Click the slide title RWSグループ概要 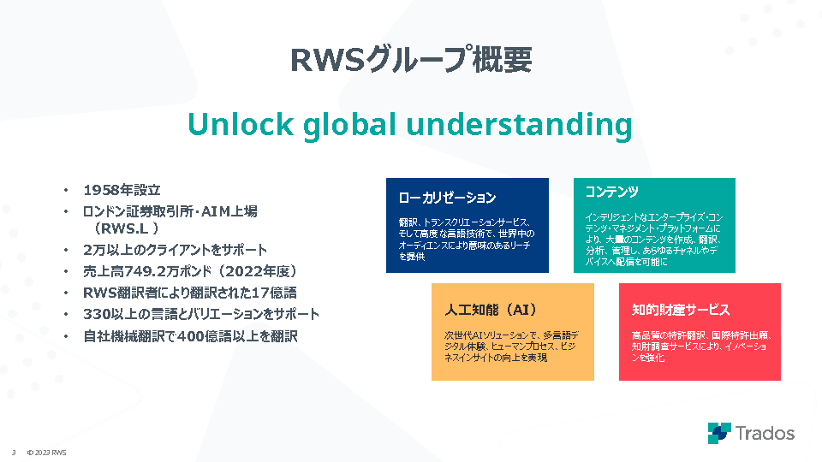tap(411, 59)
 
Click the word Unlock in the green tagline tap(240, 125)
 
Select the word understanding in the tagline tap(519, 126)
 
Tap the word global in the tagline tap(349, 126)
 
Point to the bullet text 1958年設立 tap(122, 190)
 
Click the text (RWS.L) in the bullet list tap(126, 228)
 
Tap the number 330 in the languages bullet tap(97, 314)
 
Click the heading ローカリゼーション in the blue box tap(447, 198)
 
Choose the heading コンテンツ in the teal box tap(611, 192)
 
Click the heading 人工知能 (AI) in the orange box tap(491, 310)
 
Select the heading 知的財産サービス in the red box tap(681, 310)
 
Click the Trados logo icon tap(719, 433)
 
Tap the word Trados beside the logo tap(765, 434)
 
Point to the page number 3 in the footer tap(14, 453)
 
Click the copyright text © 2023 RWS tap(46, 453)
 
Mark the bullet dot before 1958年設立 tap(66, 190)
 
